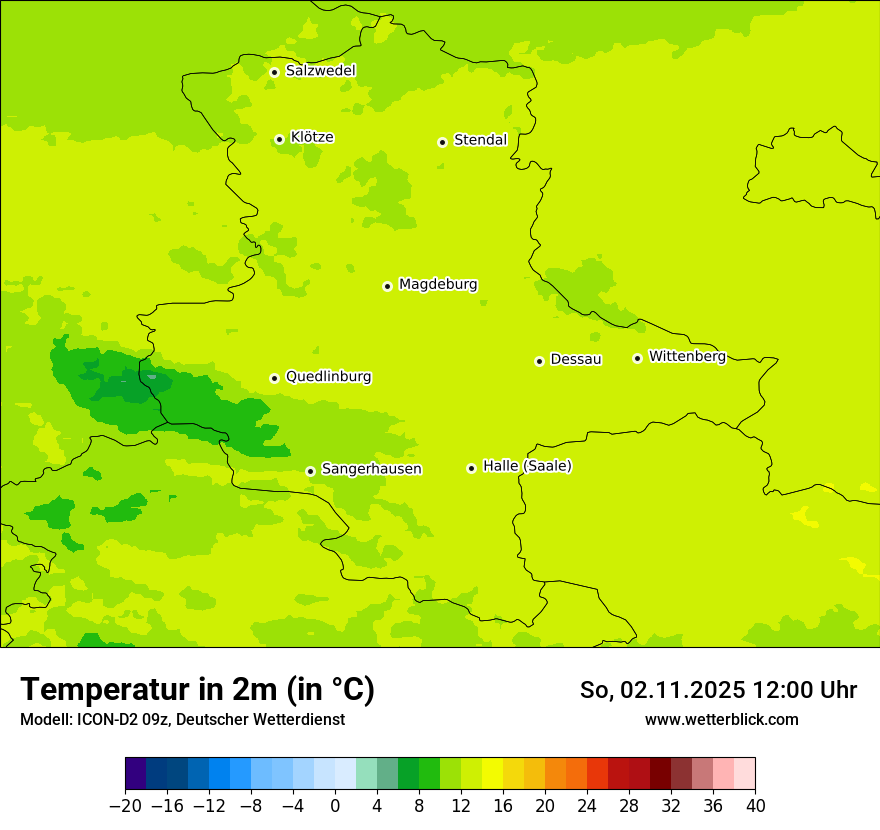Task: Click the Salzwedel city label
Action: point(320,71)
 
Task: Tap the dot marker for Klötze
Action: point(279,139)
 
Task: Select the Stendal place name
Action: point(480,140)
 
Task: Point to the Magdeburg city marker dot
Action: point(387,286)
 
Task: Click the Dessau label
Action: point(576,359)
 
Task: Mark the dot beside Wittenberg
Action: point(637,358)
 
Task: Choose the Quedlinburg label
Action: point(328,377)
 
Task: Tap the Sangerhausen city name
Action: point(371,469)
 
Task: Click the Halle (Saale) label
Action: point(527,466)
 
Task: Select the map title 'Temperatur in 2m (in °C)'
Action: point(197,689)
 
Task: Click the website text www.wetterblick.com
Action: point(721,719)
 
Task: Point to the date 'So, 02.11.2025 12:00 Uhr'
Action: point(718,690)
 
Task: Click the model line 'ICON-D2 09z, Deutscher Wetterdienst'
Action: point(182,719)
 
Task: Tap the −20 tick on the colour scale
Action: point(125,805)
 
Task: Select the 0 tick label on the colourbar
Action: point(335,805)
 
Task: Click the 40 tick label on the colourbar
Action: point(755,805)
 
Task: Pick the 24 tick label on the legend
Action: point(587,805)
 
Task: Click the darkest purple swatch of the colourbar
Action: point(135,774)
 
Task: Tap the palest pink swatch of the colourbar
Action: point(744,774)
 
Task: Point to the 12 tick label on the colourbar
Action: point(461,805)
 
